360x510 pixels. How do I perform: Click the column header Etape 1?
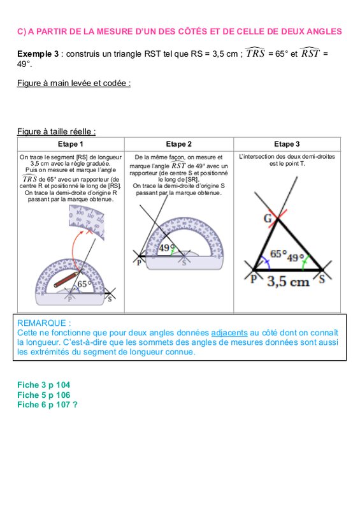(71, 144)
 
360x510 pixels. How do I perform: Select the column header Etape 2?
(179, 144)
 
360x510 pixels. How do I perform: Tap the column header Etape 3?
(287, 144)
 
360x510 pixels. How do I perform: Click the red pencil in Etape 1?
(66, 279)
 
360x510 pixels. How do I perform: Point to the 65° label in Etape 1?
(83, 284)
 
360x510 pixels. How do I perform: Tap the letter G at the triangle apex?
(268, 218)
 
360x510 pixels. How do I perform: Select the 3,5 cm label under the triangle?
(288, 281)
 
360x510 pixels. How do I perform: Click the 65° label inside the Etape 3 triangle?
(278, 253)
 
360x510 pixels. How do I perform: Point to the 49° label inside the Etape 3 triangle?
(295, 258)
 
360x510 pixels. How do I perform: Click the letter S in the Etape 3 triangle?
(322, 279)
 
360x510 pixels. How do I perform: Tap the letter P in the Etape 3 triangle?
(254, 279)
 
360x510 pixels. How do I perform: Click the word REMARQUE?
(41, 323)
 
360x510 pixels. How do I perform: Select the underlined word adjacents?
(229, 333)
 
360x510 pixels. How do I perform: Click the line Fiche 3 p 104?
(43, 385)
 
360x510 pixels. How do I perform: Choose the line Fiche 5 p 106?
(43, 395)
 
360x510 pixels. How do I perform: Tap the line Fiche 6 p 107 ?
(48, 405)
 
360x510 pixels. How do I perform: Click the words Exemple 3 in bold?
(38, 54)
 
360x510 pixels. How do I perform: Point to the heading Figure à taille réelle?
(56, 132)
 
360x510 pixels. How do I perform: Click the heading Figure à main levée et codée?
(74, 84)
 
